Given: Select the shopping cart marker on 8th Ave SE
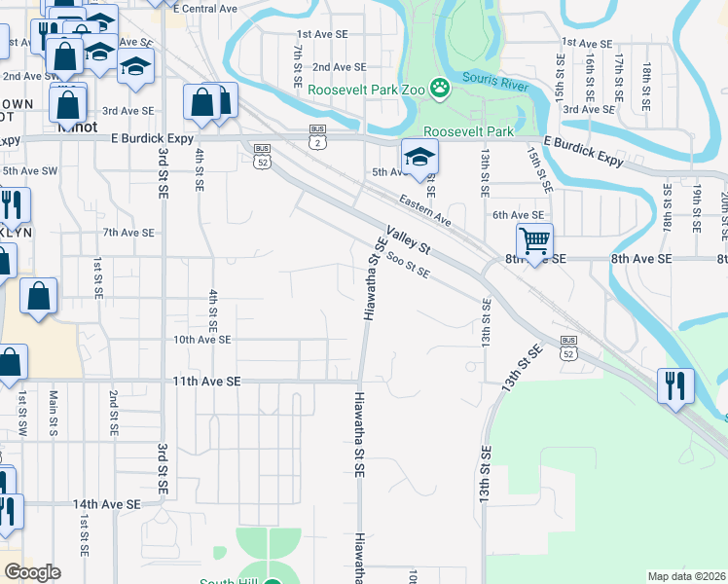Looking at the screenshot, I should pyautogui.click(x=534, y=240).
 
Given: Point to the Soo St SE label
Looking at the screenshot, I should pyautogui.click(x=408, y=265).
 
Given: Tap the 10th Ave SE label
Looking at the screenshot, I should pyautogui.click(x=201, y=340).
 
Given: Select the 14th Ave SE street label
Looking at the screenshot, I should pyautogui.click(x=106, y=504).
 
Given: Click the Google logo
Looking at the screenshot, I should pyautogui.click(x=32, y=572).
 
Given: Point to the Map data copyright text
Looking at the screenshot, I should pyautogui.click(x=686, y=576).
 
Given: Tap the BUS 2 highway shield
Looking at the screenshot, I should pyautogui.click(x=317, y=136).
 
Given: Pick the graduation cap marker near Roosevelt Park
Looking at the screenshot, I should pyautogui.click(x=420, y=157).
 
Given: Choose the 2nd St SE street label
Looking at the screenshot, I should pyautogui.click(x=114, y=414).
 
